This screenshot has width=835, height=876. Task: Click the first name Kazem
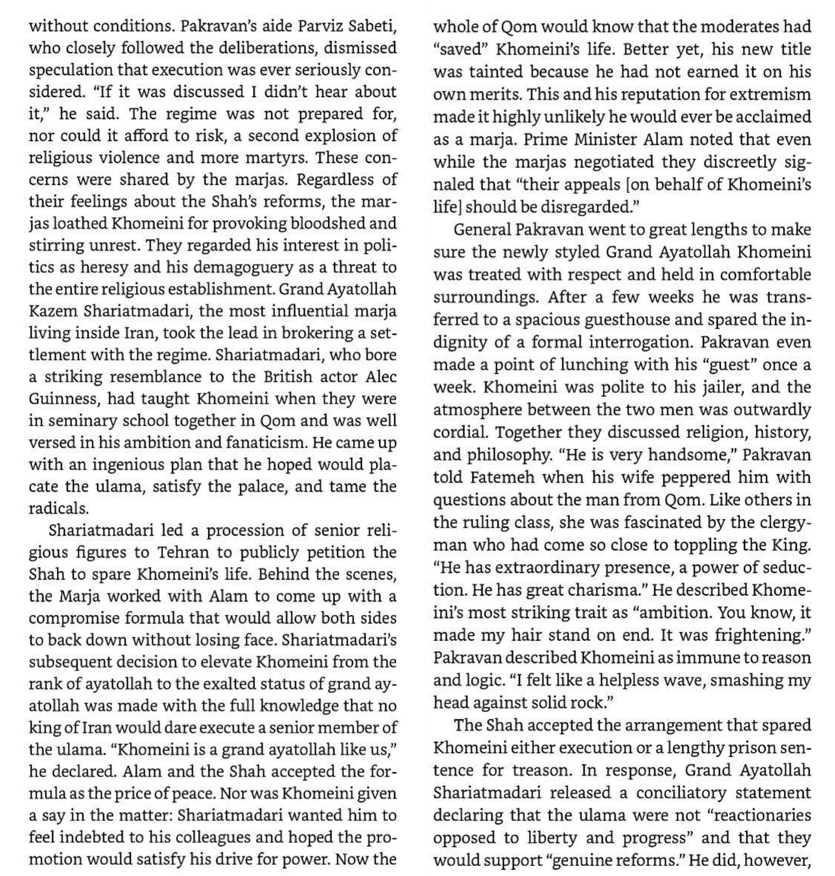(53, 311)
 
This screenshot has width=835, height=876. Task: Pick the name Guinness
(62, 398)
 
